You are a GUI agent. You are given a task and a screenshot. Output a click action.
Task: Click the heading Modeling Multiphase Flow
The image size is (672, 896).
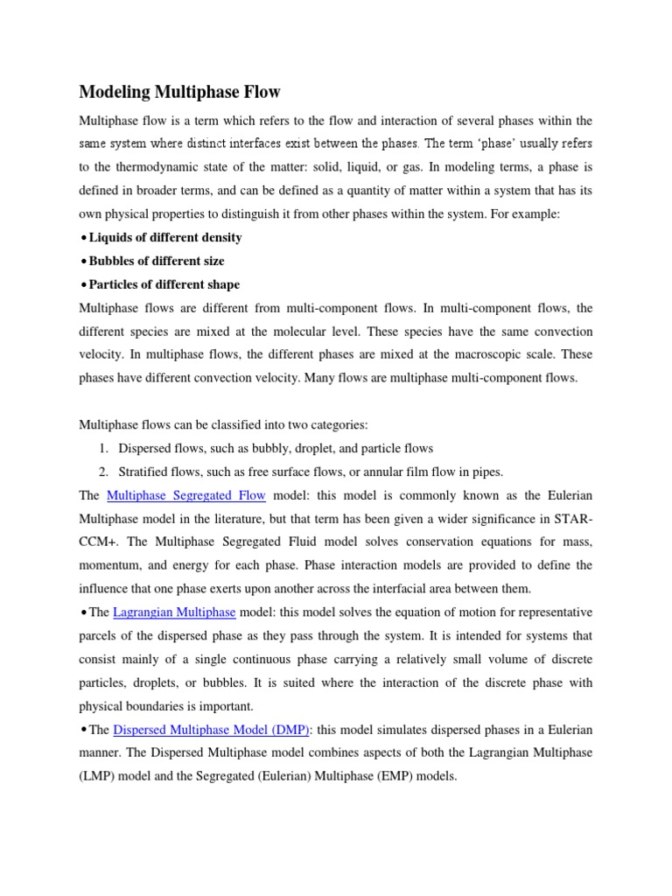[x=181, y=92]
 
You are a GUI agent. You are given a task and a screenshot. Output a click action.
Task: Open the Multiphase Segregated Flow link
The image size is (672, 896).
[x=185, y=496]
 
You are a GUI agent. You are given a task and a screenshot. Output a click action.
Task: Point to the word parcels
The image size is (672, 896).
[x=100, y=634]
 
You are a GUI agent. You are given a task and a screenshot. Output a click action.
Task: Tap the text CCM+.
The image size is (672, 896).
[x=100, y=542]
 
